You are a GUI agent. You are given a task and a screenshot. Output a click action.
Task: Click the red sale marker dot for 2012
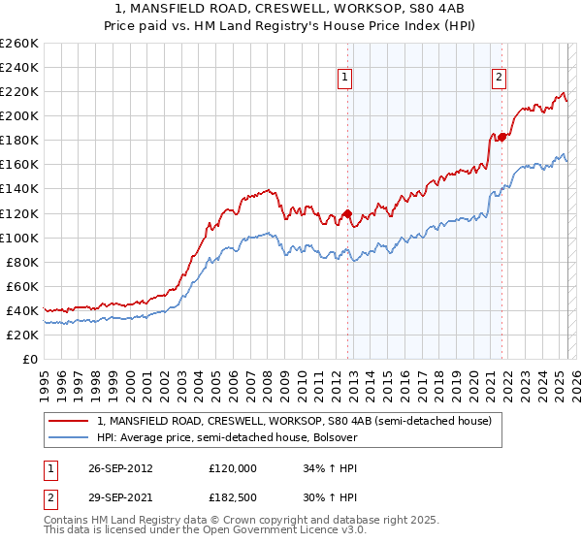347,213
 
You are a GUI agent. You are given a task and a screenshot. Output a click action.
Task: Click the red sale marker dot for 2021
501,138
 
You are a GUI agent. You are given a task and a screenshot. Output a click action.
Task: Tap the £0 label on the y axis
31,359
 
